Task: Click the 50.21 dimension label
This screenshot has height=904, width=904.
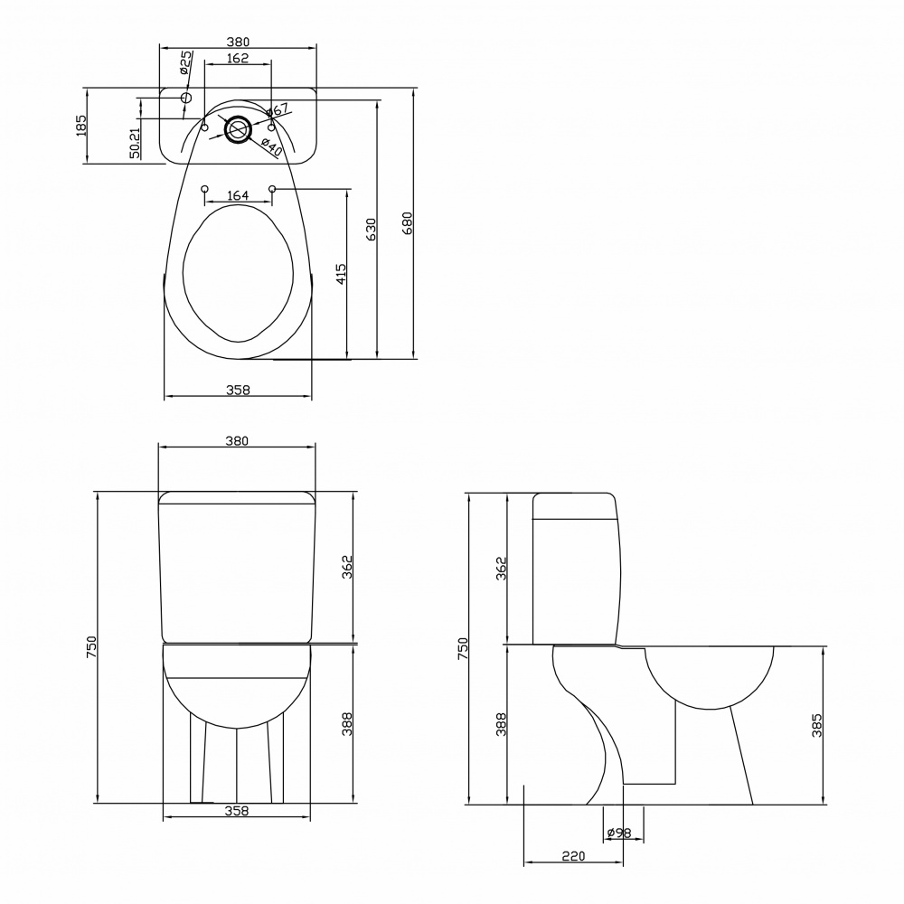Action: tap(135, 143)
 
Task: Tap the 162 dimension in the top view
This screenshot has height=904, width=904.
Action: tap(237, 59)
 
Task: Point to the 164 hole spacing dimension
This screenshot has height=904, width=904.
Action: tap(238, 195)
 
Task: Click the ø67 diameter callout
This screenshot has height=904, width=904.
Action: tap(278, 111)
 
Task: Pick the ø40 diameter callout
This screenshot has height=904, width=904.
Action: tap(272, 146)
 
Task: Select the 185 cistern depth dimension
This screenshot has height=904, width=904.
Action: tap(80, 126)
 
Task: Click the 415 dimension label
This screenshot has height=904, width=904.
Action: tap(341, 274)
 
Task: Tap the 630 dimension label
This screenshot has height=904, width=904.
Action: tap(371, 229)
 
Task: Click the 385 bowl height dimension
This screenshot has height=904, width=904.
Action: tap(816, 726)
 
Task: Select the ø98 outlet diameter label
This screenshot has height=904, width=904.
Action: tap(618, 832)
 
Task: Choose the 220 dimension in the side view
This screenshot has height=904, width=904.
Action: tap(573, 855)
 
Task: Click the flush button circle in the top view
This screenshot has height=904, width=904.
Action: tap(238, 129)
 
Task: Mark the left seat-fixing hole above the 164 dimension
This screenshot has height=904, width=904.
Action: tap(203, 189)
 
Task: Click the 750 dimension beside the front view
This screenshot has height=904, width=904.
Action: tap(90, 647)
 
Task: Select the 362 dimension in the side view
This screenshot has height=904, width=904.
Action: tap(502, 568)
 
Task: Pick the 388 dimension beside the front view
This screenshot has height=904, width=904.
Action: tap(346, 724)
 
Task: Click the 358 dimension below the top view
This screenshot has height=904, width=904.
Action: tap(237, 390)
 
